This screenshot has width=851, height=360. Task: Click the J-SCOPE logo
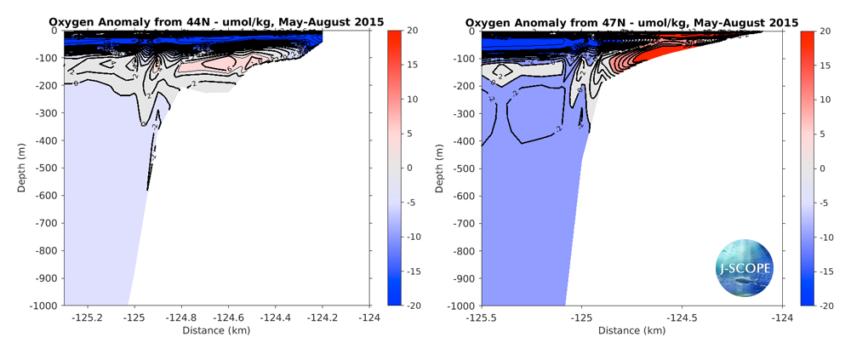(x=745, y=267)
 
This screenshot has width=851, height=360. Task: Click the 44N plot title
(x=216, y=21)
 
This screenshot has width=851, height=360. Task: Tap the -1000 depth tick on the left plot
(x=43, y=305)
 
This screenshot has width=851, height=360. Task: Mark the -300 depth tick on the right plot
(x=465, y=113)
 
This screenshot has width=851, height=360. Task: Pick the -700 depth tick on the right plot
(x=465, y=223)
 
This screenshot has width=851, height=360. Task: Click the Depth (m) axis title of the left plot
(x=23, y=168)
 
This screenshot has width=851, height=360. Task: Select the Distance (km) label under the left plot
(x=216, y=330)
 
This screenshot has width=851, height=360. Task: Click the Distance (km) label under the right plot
(x=632, y=330)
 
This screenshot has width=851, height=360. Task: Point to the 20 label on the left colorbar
(x=413, y=31)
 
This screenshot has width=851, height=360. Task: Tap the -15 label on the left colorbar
(x=414, y=271)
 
